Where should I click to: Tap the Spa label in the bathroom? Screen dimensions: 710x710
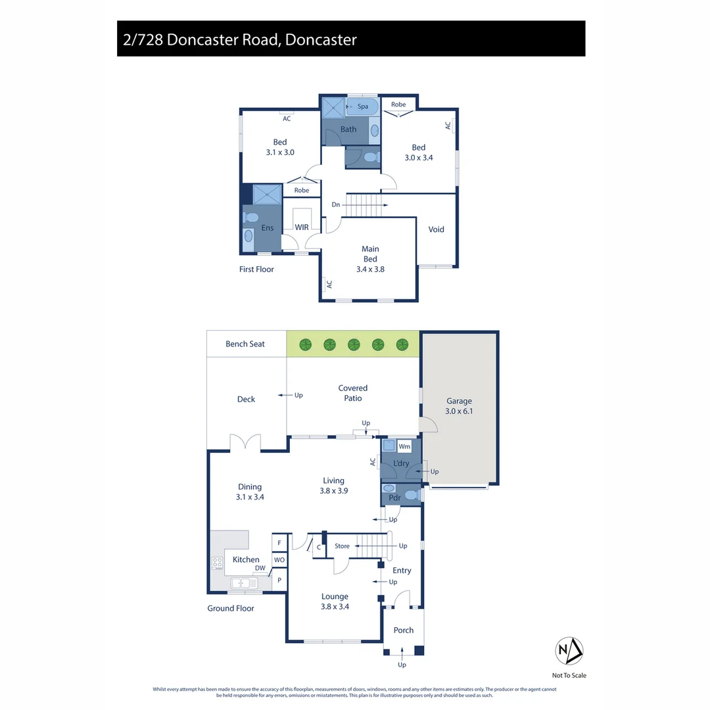point(362,106)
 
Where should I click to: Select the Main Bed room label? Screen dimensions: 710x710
point(370,254)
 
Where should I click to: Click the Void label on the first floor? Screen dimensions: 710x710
point(436,229)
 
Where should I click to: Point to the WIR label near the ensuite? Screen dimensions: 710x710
point(302,227)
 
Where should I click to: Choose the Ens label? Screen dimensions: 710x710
point(268,227)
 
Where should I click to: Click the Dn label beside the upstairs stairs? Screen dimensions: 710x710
point(335,205)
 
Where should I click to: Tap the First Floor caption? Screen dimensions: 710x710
point(256,270)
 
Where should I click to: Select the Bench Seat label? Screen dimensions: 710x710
point(245,344)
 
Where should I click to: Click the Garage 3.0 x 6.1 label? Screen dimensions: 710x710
point(459,406)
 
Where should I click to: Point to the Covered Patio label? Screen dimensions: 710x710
point(353,393)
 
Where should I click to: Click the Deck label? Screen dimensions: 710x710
point(246,399)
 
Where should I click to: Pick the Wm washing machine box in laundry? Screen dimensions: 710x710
point(404,446)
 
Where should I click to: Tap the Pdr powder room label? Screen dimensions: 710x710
point(395,498)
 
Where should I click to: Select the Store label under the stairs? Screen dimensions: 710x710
point(342,546)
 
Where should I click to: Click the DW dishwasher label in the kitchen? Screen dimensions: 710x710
point(260,569)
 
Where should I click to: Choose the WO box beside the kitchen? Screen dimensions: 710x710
point(279,560)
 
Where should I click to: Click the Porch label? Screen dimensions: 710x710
point(404,630)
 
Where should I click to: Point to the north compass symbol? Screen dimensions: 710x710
point(569,650)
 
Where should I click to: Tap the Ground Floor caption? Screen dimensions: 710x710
point(231,609)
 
